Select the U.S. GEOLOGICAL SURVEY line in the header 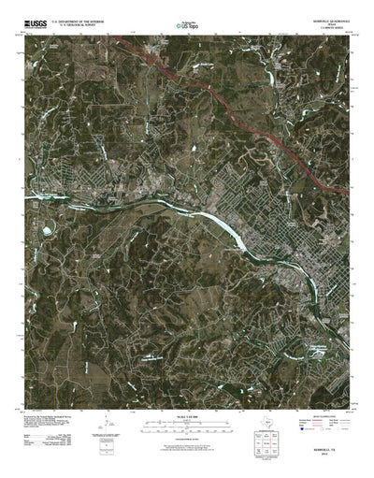click(x=82, y=20)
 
